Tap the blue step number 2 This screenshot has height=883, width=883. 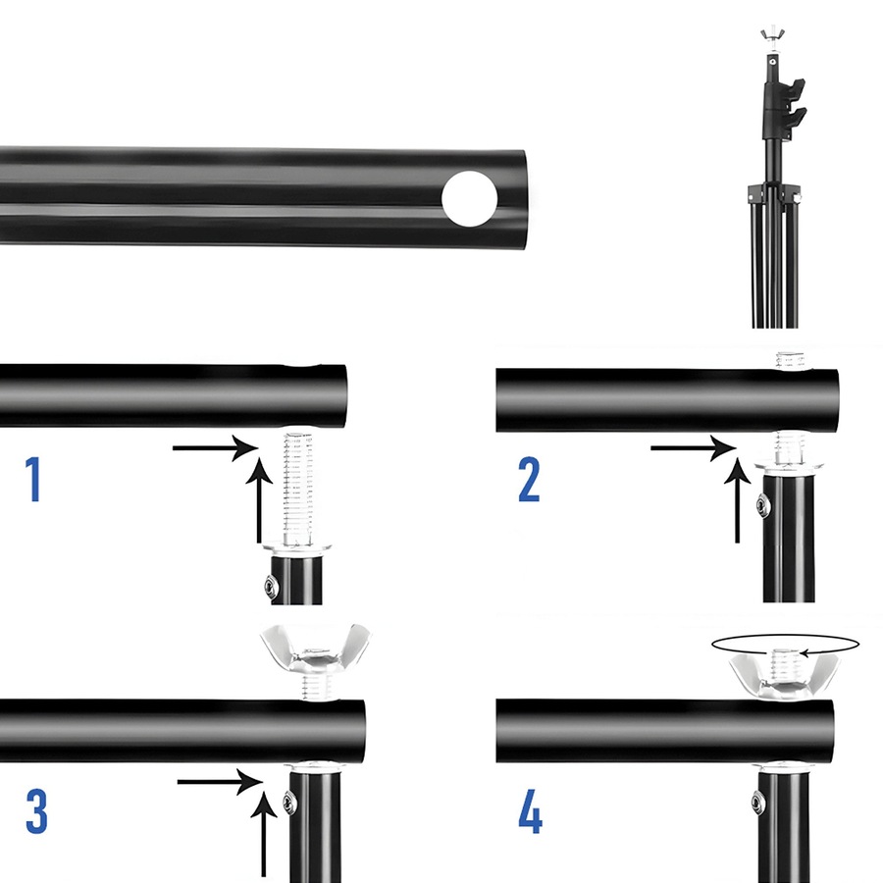529,480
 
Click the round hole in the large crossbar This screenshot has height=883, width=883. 469,196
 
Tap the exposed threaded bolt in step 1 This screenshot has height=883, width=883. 299,486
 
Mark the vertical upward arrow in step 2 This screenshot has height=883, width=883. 738,500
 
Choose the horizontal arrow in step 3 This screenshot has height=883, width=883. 222,781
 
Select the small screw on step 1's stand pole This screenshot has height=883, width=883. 271,587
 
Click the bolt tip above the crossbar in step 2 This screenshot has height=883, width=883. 788,360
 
